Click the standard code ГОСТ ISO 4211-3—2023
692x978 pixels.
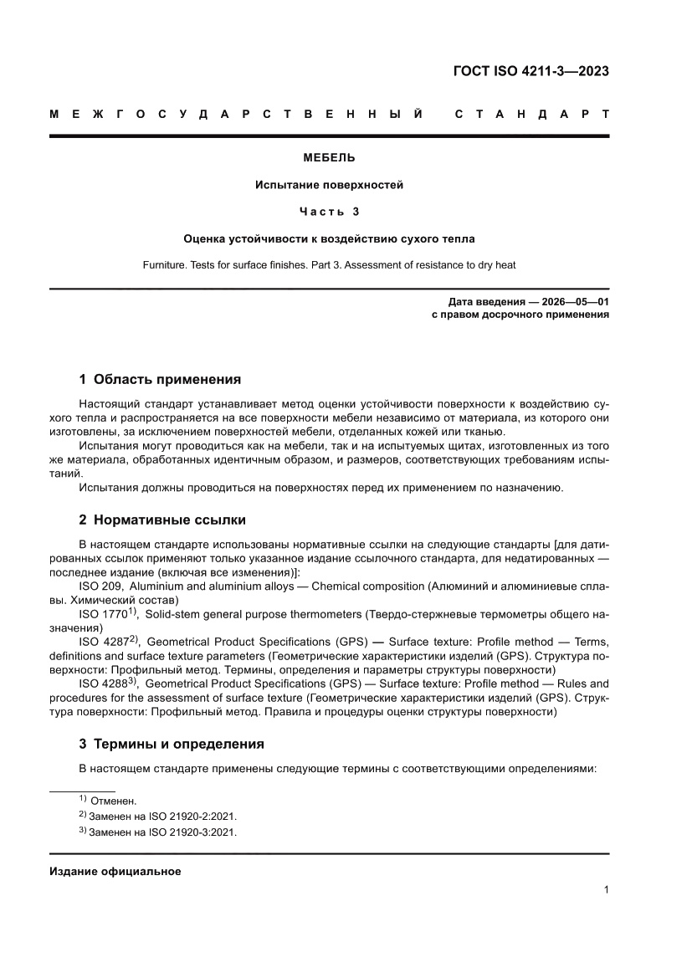coord(530,70)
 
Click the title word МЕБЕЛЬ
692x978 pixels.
coord(329,157)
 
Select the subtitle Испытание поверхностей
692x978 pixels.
coord(329,185)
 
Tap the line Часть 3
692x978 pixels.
coord(329,212)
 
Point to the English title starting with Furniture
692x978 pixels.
coord(329,265)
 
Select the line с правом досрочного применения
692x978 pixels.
coord(519,315)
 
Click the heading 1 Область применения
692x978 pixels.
coord(160,379)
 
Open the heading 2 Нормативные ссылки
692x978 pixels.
coord(162,520)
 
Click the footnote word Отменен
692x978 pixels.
coord(119,801)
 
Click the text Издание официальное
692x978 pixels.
coord(115,872)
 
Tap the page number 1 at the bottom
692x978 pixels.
coord(605,890)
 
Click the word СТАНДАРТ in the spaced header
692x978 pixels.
coord(531,113)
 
